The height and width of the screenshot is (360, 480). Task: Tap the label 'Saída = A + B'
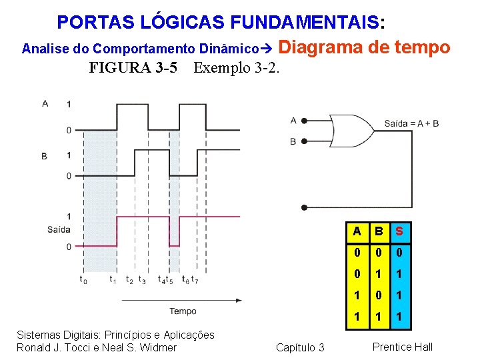tap(411, 123)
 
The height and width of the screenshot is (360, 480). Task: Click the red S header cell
tap(399, 231)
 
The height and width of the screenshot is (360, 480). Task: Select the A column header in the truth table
tap(357, 231)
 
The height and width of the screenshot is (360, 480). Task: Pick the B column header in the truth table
tap(378, 231)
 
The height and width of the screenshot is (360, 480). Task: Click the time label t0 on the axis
tap(83, 280)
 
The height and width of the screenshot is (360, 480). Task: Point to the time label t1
tap(113, 280)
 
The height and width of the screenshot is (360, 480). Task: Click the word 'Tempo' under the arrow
tap(183, 311)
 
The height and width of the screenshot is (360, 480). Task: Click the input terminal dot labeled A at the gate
tap(303, 121)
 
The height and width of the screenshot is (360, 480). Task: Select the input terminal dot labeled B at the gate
tap(303, 141)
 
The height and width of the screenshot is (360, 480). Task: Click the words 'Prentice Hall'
tap(402, 347)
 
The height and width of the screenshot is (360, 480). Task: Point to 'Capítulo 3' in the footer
tap(299, 347)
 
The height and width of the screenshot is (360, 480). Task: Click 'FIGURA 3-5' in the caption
tap(133, 68)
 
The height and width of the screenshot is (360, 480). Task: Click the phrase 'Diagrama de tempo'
tap(363, 47)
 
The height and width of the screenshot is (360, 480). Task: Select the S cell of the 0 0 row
tap(399, 253)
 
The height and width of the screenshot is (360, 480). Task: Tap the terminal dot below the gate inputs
tap(303, 207)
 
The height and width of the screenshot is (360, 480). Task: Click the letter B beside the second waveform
tap(44, 156)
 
